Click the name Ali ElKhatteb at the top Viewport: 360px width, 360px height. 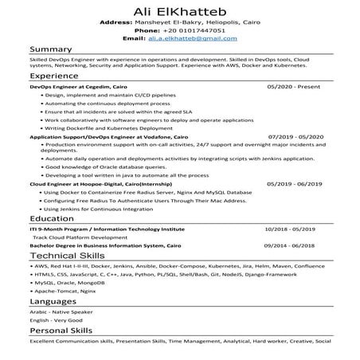coord(180,9)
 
